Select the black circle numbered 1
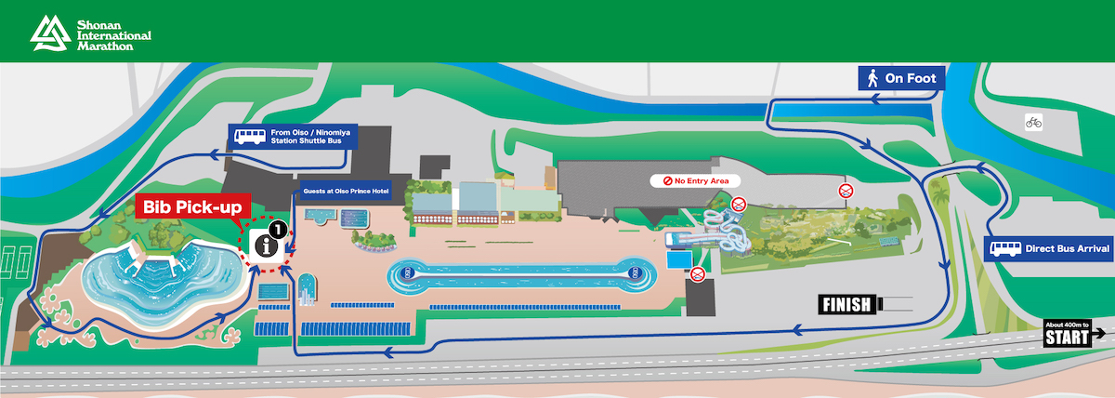[277, 226]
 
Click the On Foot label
[910, 78]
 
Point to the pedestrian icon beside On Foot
[872, 78]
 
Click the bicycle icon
[1033, 121]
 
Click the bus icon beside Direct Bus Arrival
[1003, 249]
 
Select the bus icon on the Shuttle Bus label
[249, 138]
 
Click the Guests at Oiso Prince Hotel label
[344, 192]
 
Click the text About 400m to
[1067, 324]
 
